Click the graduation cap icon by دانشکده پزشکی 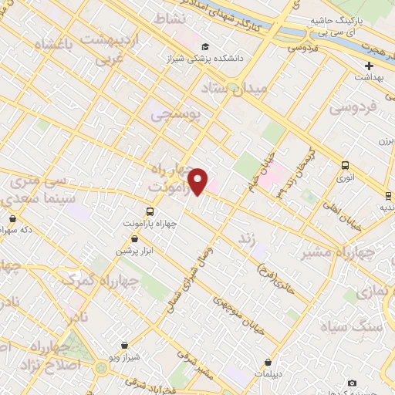pyautogui.click(x=204, y=46)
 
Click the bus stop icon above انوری pyautogui.click(x=345, y=164)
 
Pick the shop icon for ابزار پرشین pyautogui.click(x=135, y=240)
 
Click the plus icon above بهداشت pyautogui.click(x=369, y=66)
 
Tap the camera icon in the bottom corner pyautogui.click(x=353, y=383)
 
